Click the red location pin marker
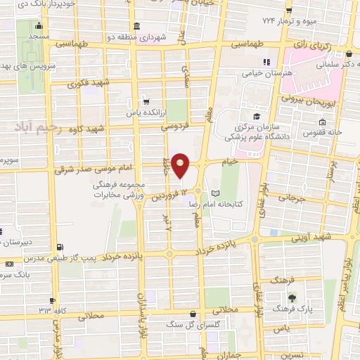click(x=181, y=165)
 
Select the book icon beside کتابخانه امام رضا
click(x=215, y=193)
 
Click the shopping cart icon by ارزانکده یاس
click(x=145, y=101)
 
